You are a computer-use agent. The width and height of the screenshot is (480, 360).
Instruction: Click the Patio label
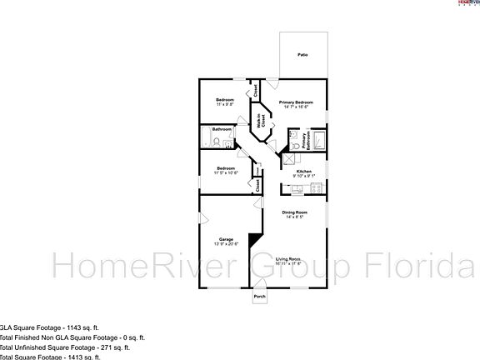[x=302, y=55]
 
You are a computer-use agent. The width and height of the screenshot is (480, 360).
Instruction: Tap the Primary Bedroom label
[x=295, y=101]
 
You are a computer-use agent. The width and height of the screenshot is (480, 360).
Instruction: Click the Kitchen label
[x=303, y=171]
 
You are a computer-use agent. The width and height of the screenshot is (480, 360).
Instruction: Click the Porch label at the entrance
[x=259, y=296]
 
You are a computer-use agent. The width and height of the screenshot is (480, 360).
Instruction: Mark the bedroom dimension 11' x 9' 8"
[x=224, y=106]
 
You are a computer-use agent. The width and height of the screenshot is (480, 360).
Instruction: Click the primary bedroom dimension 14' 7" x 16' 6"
[x=295, y=106]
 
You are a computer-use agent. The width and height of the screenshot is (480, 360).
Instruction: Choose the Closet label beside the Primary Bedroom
[x=256, y=87]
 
